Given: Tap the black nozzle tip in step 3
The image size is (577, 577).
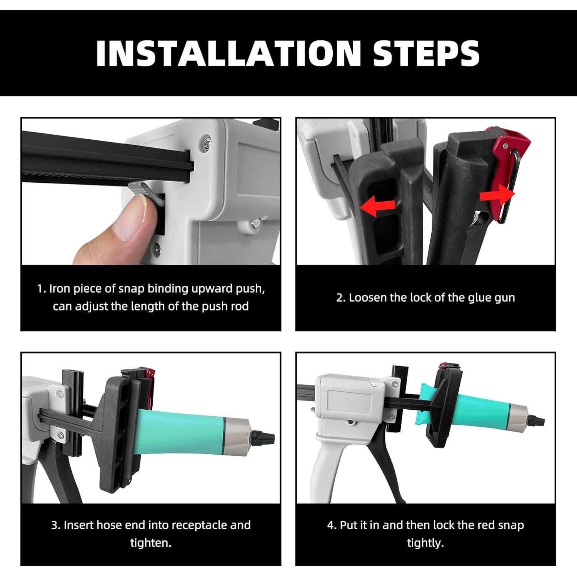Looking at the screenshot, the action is (x=267, y=437).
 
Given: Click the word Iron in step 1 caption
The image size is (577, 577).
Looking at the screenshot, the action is (x=59, y=289).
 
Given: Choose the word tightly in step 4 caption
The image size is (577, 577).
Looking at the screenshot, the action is (x=425, y=544).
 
